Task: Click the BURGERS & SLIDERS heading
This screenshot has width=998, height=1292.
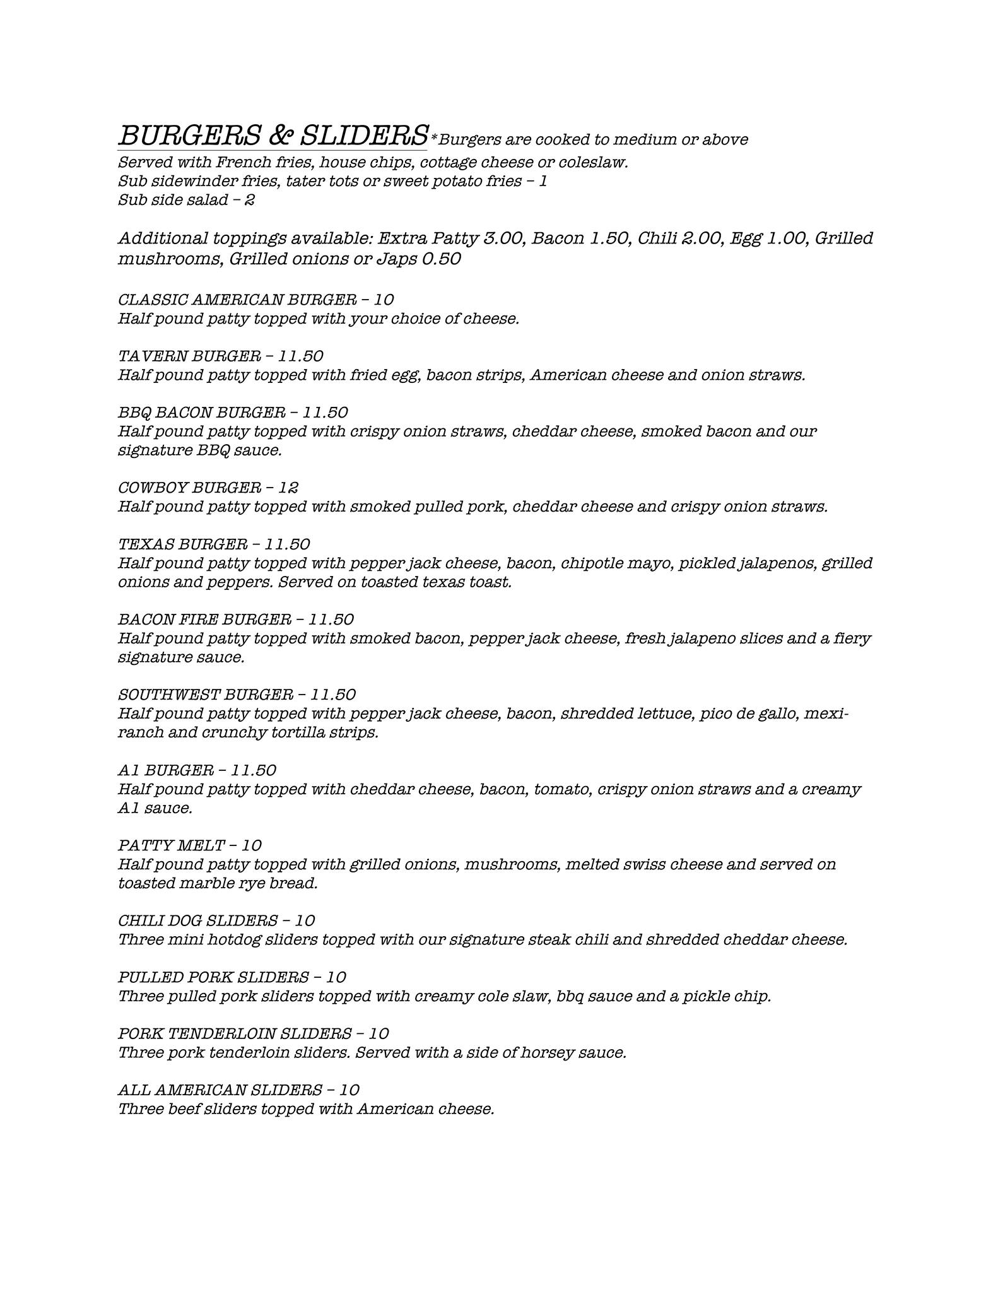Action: tap(273, 135)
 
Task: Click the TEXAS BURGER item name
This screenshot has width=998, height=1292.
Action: tap(182, 544)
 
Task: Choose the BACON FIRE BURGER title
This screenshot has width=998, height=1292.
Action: tap(204, 619)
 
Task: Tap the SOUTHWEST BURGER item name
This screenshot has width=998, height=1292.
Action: tap(206, 695)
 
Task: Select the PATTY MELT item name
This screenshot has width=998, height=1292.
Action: tap(171, 845)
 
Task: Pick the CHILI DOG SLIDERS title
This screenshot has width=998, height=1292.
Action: tap(198, 920)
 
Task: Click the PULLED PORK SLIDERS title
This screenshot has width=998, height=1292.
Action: tap(213, 977)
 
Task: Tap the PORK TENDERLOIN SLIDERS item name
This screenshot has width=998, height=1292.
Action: tap(235, 1033)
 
